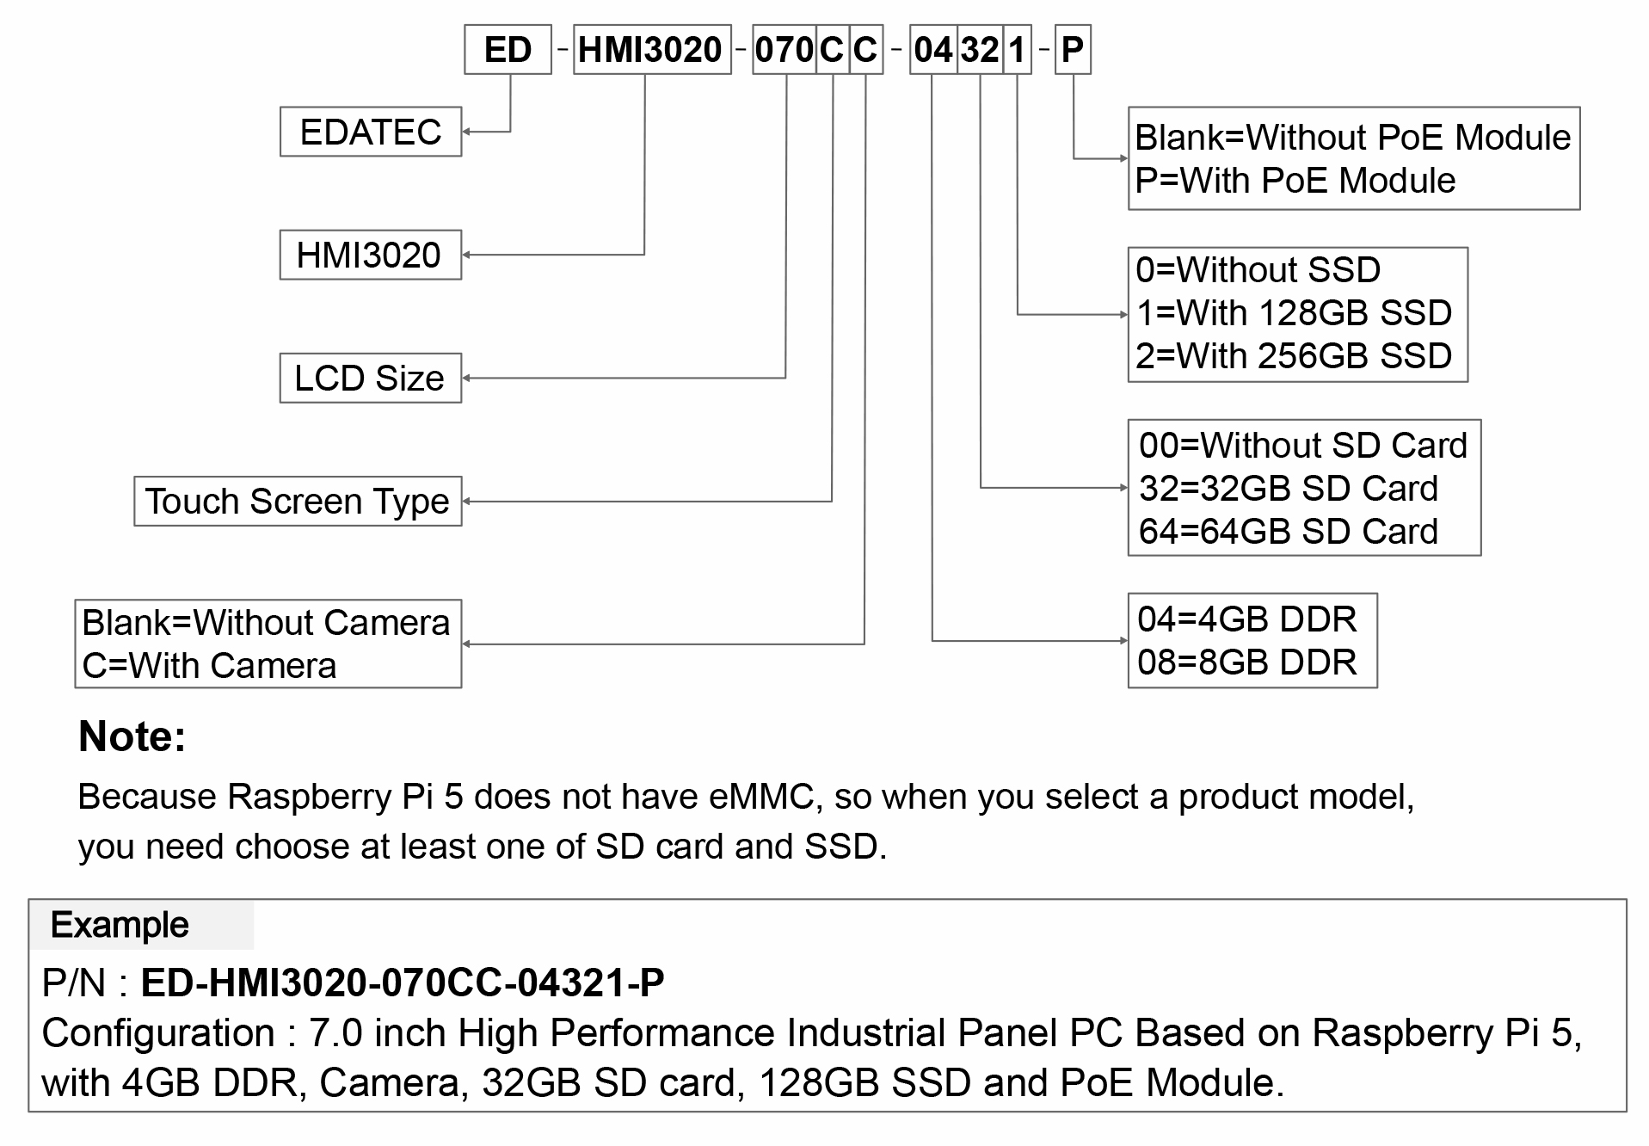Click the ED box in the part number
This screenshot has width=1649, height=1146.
pos(508,50)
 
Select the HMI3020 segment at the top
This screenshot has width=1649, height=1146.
pos(652,50)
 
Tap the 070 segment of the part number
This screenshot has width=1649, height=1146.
pos(784,50)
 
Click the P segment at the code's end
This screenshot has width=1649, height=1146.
pos(1073,50)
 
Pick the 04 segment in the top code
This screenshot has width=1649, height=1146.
pos(933,50)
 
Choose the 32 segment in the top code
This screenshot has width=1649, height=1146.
pos(980,50)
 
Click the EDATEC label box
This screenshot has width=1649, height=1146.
pos(371,132)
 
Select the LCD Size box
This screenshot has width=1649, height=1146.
pos(371,378)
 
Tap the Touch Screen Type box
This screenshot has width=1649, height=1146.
pos(298,501)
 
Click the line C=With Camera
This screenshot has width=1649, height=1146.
pos(209,666)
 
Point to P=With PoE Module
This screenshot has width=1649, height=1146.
pos(1295,181)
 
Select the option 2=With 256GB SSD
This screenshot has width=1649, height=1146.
pos(1294,356)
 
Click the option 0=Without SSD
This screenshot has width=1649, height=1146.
pos(1258,270)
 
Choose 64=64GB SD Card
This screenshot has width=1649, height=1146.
pos(1288,532)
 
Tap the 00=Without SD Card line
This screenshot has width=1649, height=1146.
pos(1303,446)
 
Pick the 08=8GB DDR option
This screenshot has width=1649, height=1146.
pos(1246,662)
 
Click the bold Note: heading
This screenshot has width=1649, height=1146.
pos(132,736)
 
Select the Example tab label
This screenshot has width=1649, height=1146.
pos(120,925)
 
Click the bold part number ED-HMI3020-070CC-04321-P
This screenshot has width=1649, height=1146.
pos(403,983)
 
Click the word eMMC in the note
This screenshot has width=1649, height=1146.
pos(762,797)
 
